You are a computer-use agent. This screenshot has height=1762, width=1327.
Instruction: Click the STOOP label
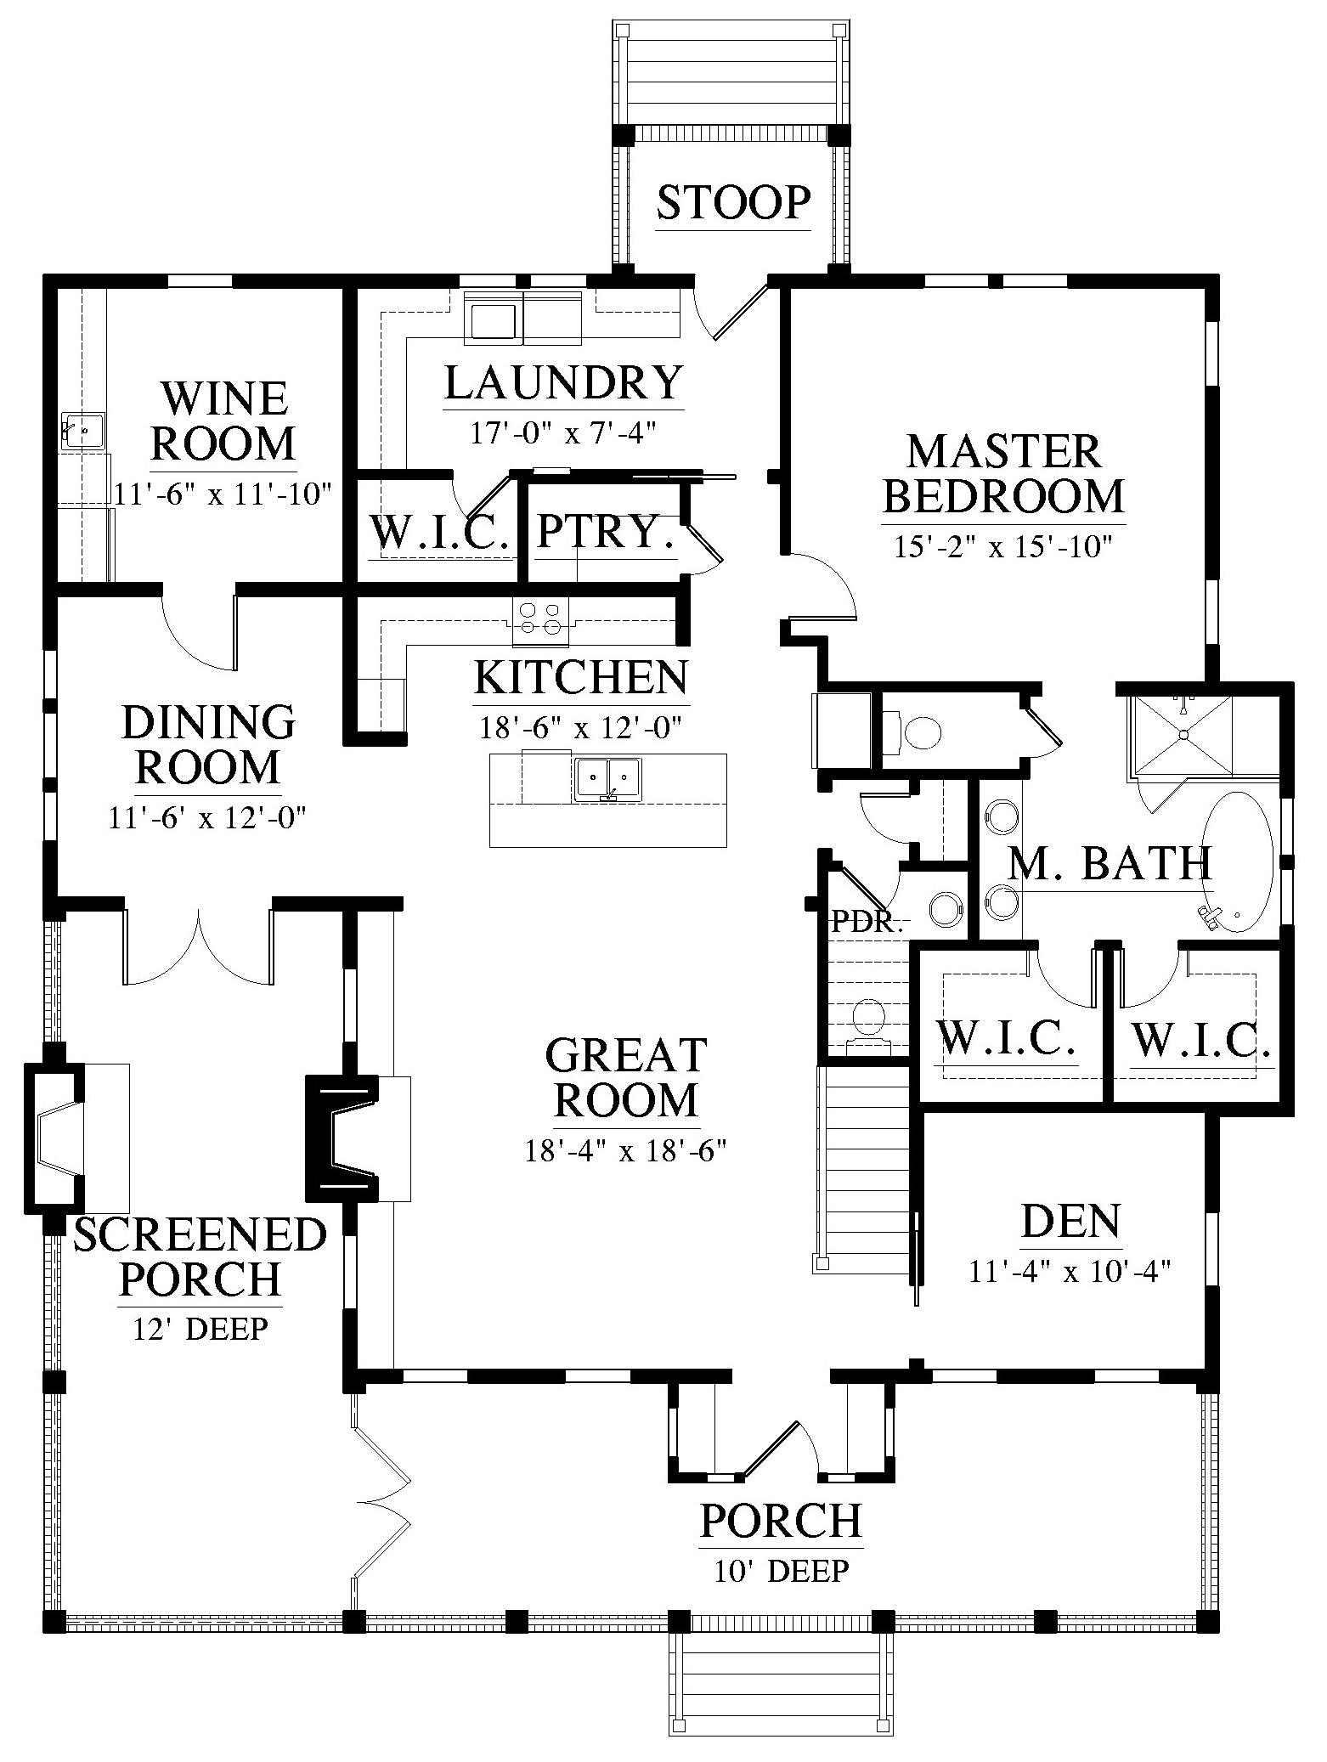[x=734, y=203]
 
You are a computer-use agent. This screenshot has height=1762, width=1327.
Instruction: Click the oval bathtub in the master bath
[x=1238, y=862]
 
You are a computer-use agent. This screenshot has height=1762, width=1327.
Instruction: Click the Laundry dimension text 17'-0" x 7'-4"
[x=564, y=433]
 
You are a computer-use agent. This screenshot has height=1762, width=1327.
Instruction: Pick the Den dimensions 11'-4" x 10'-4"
[x=1070, y=1271]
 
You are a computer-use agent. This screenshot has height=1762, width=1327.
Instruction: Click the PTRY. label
[x=606, y=532]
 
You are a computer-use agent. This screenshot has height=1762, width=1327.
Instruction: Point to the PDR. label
[x=867, y=923]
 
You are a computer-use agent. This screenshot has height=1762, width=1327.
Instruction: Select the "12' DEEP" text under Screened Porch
[x=200, y=1328]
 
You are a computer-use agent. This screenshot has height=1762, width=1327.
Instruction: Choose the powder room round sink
[x=946, y=908]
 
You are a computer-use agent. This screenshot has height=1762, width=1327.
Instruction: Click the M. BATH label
[x=1110, y=864]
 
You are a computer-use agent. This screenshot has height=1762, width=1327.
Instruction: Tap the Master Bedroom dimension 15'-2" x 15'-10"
[x=1003, y=545]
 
